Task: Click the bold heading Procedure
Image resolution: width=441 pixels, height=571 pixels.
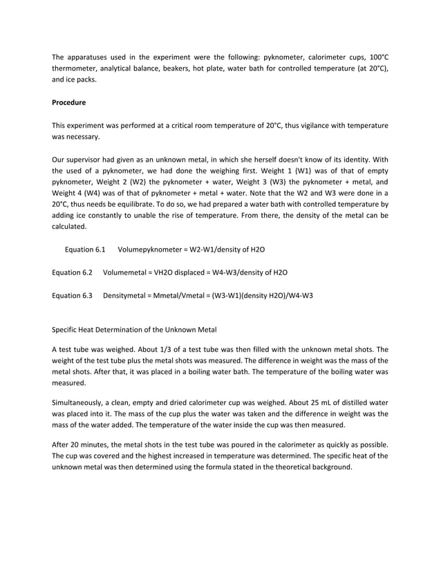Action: (69, 102)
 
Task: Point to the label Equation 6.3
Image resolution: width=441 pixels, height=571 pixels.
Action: (73, 295)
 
